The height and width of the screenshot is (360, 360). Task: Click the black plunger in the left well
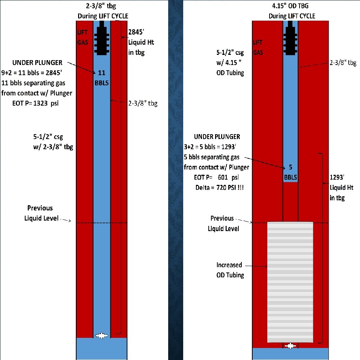coord(102,39)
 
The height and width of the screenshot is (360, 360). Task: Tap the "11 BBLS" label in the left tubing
coord(101,77)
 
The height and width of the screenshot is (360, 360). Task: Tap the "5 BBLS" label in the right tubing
coord(290,171)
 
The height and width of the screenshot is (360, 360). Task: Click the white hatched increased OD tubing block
coord(290,282)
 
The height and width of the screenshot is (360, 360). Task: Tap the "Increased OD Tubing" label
coord(230,270)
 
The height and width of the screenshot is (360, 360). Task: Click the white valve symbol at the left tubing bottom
coord(101,336)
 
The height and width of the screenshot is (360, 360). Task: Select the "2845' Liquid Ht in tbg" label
coord(141,42)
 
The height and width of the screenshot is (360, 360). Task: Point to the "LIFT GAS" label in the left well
coord(82,38)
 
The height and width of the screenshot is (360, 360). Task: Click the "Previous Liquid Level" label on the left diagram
coord(40,213)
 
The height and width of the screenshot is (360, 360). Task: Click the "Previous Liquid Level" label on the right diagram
coord(223,223)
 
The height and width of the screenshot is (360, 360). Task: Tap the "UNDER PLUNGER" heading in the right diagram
coord(217,136)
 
